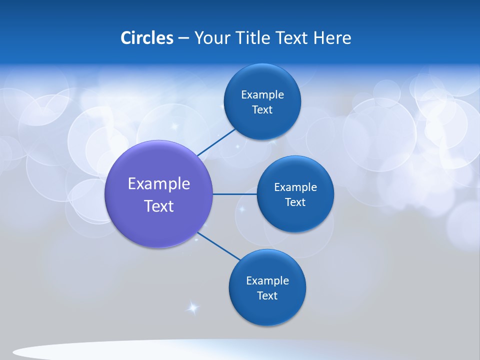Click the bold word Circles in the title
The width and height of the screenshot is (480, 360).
147,38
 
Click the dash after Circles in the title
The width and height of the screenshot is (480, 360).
183,38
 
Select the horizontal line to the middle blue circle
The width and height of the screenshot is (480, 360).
234,194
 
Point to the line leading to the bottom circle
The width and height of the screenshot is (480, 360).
219,246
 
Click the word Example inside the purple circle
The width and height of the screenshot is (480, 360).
159,184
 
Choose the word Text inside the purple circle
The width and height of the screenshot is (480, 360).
159,206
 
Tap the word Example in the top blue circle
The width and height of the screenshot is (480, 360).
262,95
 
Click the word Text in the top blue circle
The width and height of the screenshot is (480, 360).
262,110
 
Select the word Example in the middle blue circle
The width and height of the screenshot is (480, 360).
295,187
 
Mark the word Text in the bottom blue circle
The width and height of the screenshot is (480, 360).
267,296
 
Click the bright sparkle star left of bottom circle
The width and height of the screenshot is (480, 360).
192,307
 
